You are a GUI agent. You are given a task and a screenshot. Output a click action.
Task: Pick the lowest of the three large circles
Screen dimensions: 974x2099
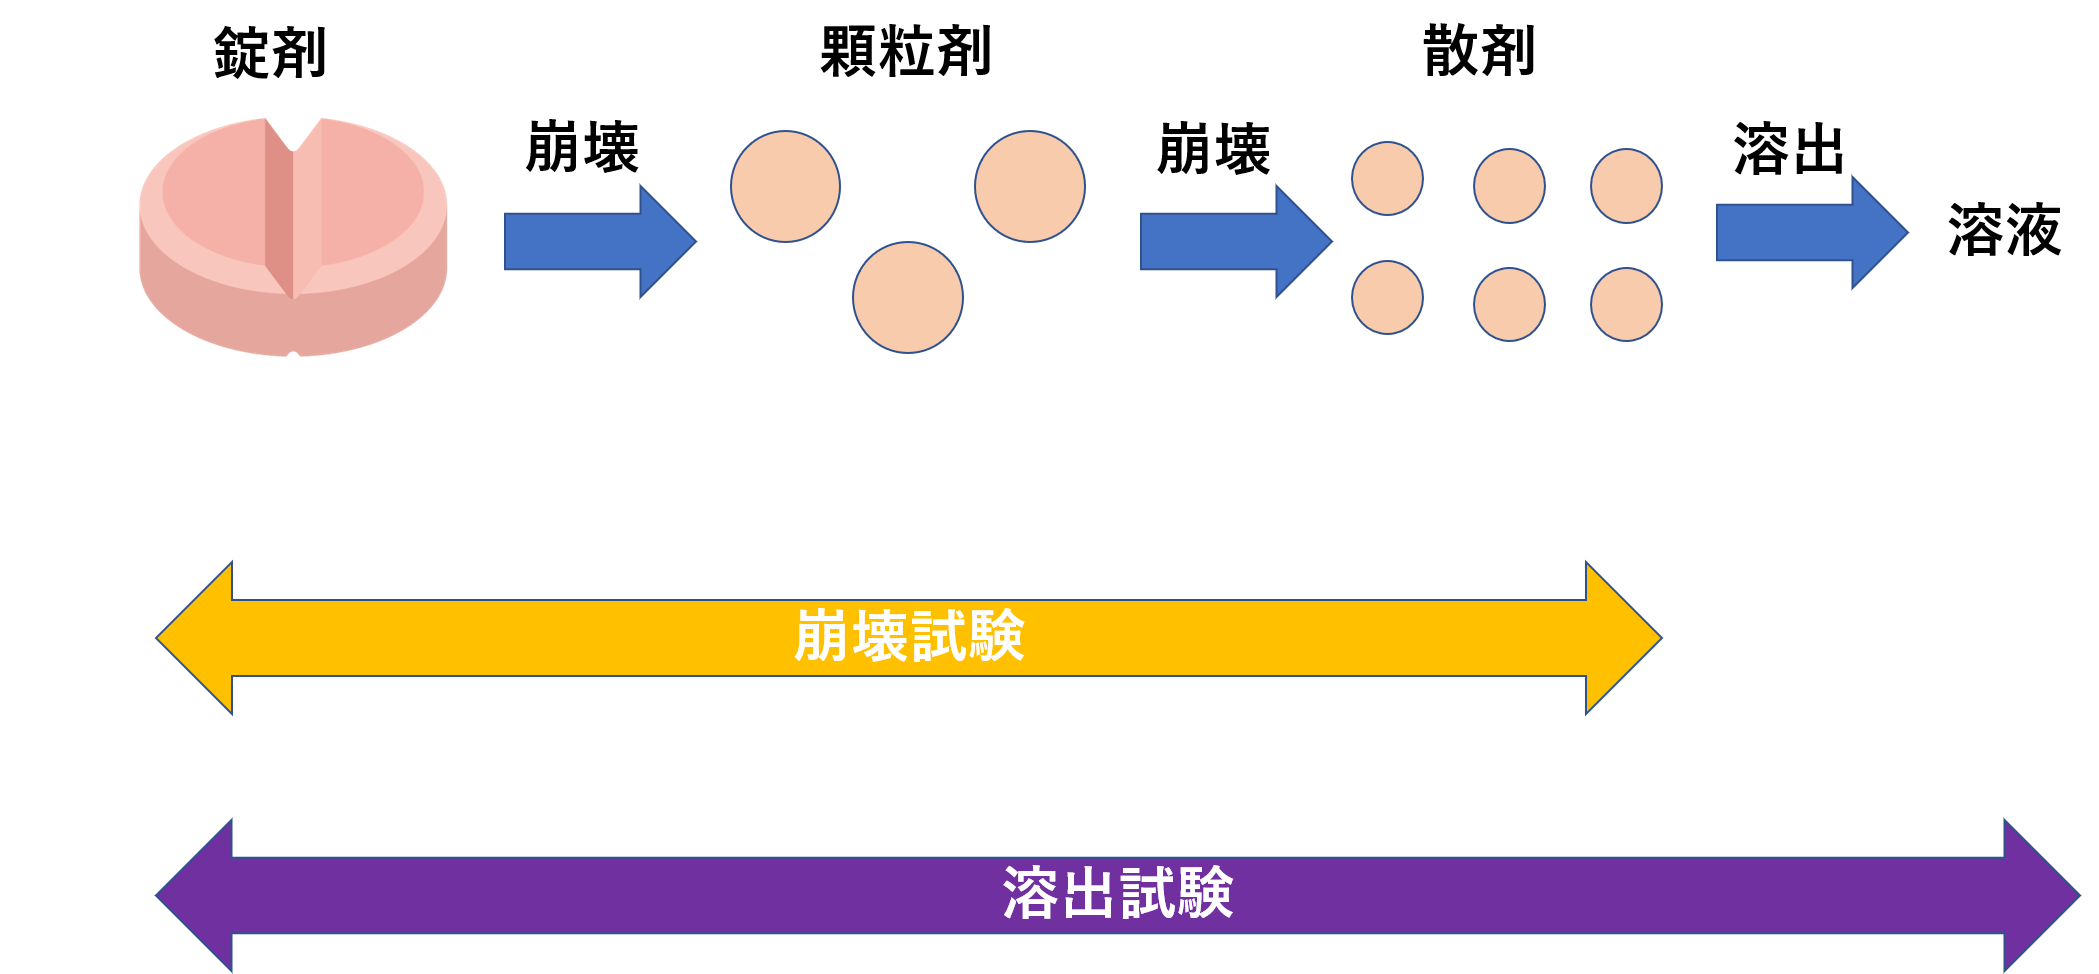tap(908, 297)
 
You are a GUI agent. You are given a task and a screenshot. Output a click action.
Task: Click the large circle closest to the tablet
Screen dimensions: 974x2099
tap(785, 186)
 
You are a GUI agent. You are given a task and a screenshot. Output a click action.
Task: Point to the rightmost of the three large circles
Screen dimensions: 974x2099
tap(1029, 186)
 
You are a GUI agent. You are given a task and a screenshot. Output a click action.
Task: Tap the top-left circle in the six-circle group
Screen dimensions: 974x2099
tap(1387, 179)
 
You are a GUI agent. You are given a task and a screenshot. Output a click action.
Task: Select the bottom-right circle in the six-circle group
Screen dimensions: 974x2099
tap(1626, 304)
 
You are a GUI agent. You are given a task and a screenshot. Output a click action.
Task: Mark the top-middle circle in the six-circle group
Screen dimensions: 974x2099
tap(1509, 186)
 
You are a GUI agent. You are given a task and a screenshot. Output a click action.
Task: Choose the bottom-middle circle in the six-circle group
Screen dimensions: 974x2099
tap(1509, 304)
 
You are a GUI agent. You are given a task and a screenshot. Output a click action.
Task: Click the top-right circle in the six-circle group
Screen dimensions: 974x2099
tap(1626, 186)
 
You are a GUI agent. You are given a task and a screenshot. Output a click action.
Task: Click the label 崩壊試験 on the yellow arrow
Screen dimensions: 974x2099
tap(909, 637)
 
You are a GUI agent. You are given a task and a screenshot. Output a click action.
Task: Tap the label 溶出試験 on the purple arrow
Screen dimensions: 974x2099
tap(1117, 893)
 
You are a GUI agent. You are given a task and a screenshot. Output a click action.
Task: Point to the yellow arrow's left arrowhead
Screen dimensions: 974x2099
tap(196, 638)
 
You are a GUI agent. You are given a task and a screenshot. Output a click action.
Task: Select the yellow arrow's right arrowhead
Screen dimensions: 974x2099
tap(1622, 638)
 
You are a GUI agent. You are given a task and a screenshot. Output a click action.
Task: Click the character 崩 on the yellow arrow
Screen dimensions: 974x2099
tap(823, 637)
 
